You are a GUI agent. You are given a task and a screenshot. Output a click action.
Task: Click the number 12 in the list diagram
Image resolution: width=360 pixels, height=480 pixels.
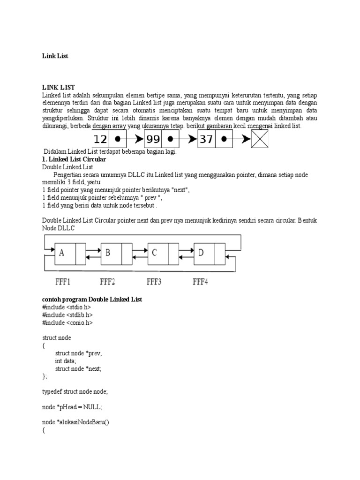pyautogui.click(x=100, y=139)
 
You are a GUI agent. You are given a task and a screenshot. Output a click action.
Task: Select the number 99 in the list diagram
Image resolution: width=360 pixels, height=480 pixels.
pyautogui.click(x=153, y=139)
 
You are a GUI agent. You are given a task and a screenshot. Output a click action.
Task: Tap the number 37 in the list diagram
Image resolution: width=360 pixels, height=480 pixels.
pyautogui.click(x=206, y=139)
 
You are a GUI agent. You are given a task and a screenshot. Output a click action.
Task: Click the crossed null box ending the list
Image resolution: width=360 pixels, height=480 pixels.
pyautogui.click(x=261, y=139)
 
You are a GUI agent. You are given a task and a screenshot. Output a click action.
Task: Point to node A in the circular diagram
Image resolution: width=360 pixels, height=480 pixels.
pyautogui.click(x=62, y=253)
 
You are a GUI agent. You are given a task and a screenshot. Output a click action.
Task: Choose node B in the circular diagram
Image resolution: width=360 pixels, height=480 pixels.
pyautogui.click(x=108, y=253)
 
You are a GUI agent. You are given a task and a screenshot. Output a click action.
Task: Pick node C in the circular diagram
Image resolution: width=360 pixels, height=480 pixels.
pyautogui.click(x=154, y=253)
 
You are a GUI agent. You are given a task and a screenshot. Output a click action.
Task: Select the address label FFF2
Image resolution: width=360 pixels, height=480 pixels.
pyautogui.click(x=108, y=282)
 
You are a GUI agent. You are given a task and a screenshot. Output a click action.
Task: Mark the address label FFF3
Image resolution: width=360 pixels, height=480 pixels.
pyautogui.click(x=154, y=282)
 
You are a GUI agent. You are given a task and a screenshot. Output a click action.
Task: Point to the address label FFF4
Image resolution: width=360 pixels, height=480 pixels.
pyautogui.click(x=201, y=282)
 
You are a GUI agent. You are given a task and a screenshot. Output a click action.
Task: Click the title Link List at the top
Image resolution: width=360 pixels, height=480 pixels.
pyautogui.click(x=55, y=56)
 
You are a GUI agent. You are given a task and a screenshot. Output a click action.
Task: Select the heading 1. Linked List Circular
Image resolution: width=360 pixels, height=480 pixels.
pyautogui.click(x=74, y=159)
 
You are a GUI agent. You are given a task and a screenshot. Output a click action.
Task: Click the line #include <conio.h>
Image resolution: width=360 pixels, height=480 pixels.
pyautogui.click(x=67, y=322)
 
